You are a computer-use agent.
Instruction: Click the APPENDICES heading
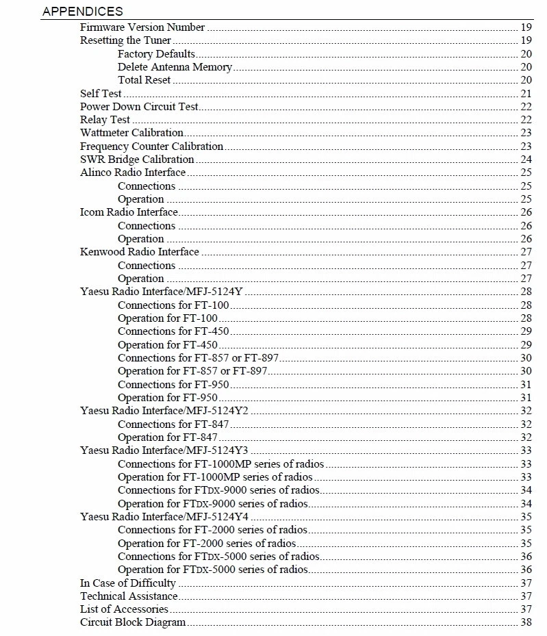(82, 11)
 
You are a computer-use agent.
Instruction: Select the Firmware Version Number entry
(142, 27)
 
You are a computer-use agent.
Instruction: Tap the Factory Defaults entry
(156, 54)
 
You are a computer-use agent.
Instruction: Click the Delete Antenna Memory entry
(175, 67)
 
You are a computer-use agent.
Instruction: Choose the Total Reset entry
(144, 80)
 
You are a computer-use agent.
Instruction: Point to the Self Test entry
(101, 94)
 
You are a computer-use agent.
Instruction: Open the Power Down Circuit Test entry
(139, 107)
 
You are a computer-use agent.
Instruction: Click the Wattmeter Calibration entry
(131, 133)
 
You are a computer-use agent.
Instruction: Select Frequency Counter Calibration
(151, 147)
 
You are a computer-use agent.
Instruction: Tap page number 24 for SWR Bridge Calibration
(526, 160)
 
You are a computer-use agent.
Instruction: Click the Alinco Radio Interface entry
(133, 173)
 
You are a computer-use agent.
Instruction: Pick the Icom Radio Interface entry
(129, 212)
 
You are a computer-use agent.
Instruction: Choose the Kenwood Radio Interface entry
(140, 252)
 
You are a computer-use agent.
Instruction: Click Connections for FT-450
(173, 331)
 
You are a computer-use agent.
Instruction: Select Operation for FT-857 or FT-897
(192, 371)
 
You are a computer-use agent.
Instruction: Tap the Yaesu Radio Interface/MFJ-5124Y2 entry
(164, 411)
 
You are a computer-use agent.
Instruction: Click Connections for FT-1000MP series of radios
(220, 464)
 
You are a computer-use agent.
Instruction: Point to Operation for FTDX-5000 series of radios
(212, 570)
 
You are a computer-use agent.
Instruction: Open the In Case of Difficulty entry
(128, 583)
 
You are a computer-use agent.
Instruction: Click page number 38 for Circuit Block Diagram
(526, 623)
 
